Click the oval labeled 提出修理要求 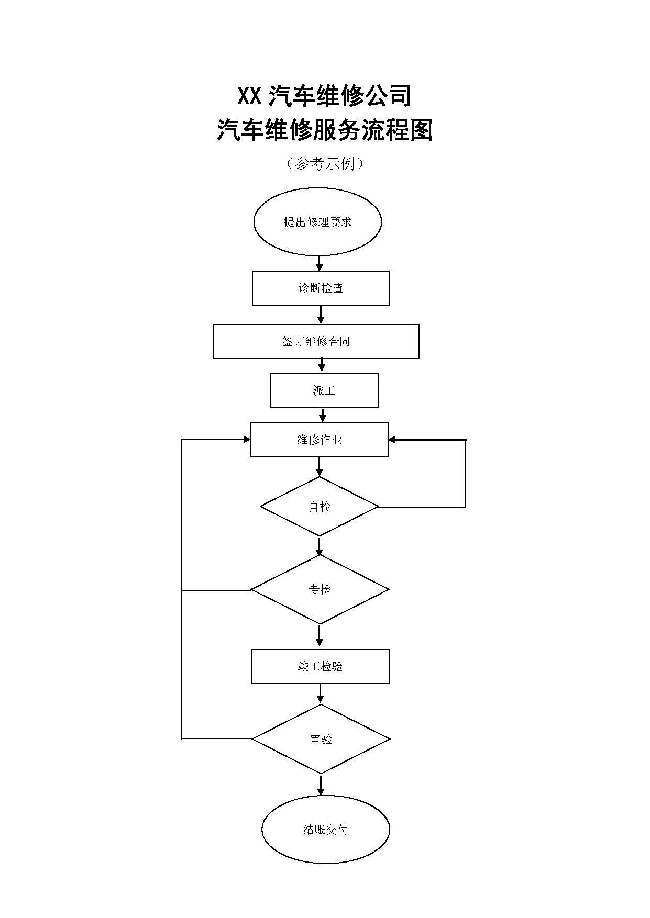pyautogui.click(x=317, y=222)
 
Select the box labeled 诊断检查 pyautogui.click(x=321, y=288)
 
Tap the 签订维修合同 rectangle pyautogui.click(x=316, y=341)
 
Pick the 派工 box pyautogui.click(x=324, y=390)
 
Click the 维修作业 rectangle pyautogui.click(x=319, y=440)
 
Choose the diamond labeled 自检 pyautogui.click(x=320, y=507)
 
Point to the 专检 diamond pyautogui.click(x=320, y=590)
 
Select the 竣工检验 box pyautogui.click(x=320, y=666)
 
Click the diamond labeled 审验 pyautogui.click(x=321, y=739)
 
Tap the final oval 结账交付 pyautogui.click(x=326, y=830)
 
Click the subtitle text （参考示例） pyautogui.click(x=325, y=164)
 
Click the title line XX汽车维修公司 pyautogui.click(x=325, y=96)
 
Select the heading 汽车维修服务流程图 pyautogui.click(x=325, y=130)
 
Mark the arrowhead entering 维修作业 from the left pyautogui.click(x=247, y=440)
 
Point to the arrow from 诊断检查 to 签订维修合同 pyautogui.click(x=321, y=315)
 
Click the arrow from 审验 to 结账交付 pyautogui.click(x=321, y=785)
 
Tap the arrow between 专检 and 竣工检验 pyautogui.click(x=320, y=636)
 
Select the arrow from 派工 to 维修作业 pyautogui.click(x=323, y=415)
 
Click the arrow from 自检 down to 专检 pyautogui.click(x=320, y=546)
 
